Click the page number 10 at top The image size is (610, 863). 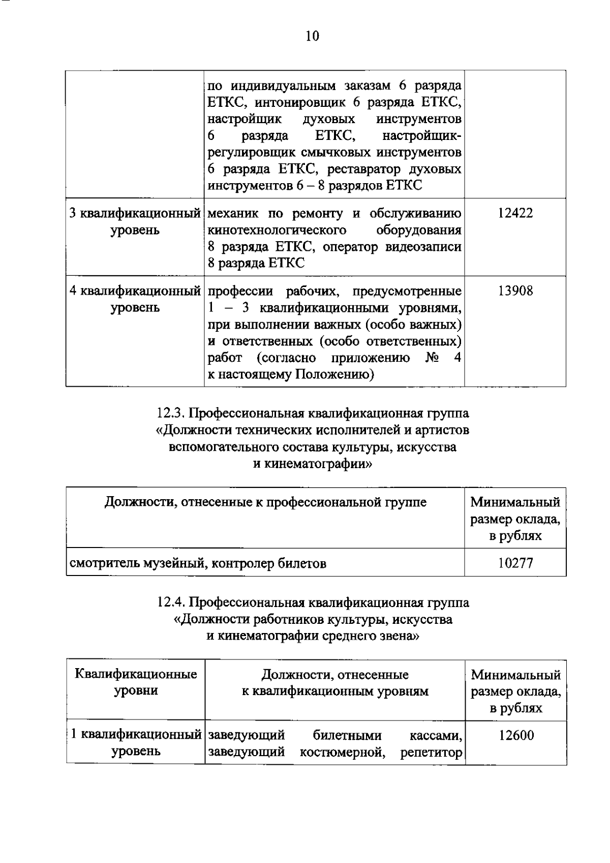pos(312,36)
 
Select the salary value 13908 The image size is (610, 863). pos(515,291)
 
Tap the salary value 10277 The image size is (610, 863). pos(515,563)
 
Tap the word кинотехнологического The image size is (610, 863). pos(277,230)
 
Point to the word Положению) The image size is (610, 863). pos(335,375)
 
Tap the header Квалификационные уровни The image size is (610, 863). pos(136,682)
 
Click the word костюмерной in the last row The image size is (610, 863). pos(341,752)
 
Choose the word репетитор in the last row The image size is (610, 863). pos(431,752)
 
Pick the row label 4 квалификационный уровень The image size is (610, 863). pos(135,299)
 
